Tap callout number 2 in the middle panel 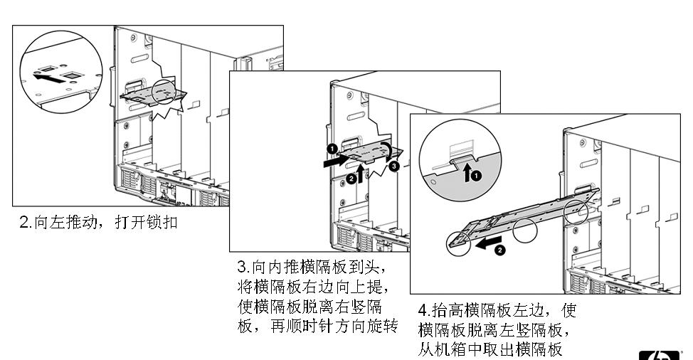351,179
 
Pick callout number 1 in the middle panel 332,149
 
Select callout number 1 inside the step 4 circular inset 477,174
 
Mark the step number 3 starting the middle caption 242,268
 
